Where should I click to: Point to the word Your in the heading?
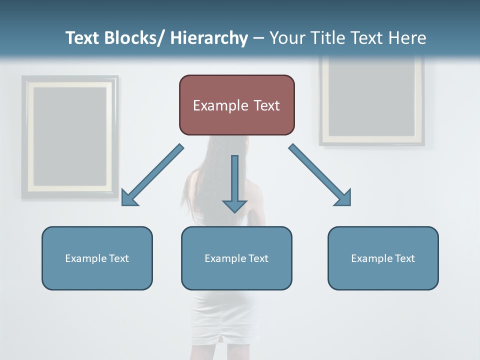point(288,38)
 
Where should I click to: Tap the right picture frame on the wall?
point(372,100)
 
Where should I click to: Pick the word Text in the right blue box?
point(404,258)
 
